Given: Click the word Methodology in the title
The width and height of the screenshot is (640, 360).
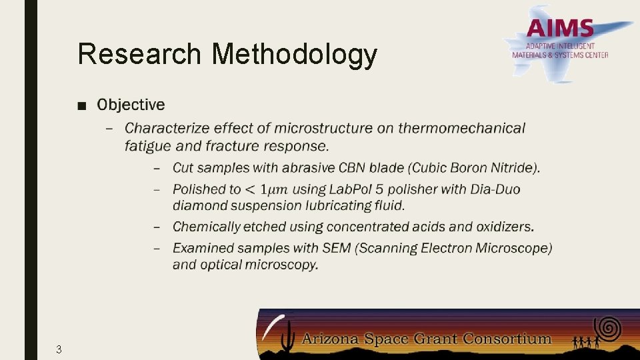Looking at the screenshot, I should [x=294, y=55].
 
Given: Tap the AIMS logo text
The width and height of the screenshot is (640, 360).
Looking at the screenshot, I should [x=559, y=29].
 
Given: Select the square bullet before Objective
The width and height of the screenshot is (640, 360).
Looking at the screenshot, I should [x=81, y=105].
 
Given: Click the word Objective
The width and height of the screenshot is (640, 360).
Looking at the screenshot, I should [x=131, y=105].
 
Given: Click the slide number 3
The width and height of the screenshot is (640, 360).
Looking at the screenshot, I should [x=59, y=349].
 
